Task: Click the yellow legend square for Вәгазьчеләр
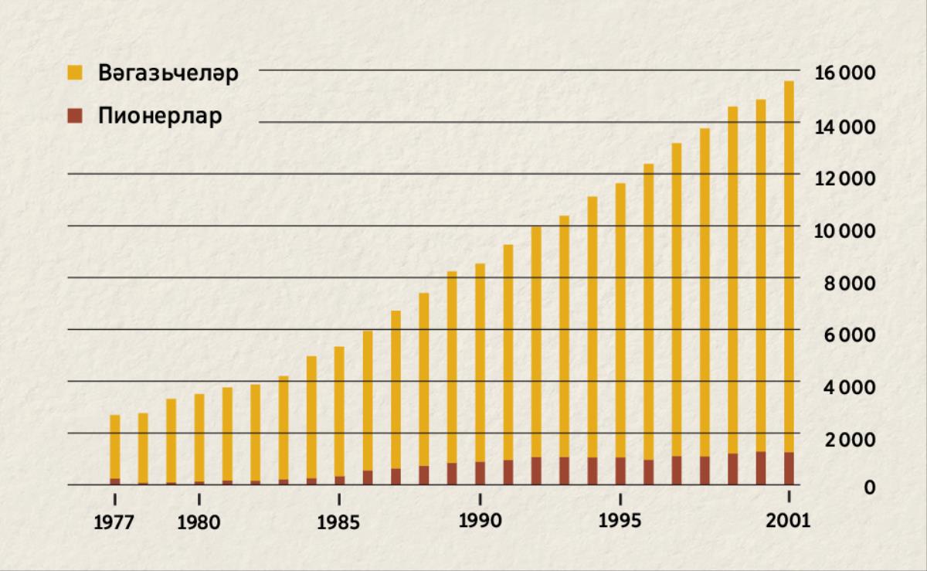click(x=74, y=73)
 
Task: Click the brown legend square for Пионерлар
click(x=74, y=117)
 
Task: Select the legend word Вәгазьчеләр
click(x=168, y=74)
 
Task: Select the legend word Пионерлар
click(x=160, y=117)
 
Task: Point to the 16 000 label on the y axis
click(x=844, y=73)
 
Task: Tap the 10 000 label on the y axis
click(x=844, y=230)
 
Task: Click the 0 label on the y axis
click(x=870, y=487)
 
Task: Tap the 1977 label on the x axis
click(x=114, y=522)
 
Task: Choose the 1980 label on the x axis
click(x=199, y=522)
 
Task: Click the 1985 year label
click(x=338, y=522)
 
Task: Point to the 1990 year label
click(x=480, y=521)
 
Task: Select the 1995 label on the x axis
click(x=620, y=521)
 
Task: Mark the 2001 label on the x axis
click(x=789, y=521)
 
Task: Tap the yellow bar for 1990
click(x=480, y=363)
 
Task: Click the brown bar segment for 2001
click(x=789, y=468)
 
